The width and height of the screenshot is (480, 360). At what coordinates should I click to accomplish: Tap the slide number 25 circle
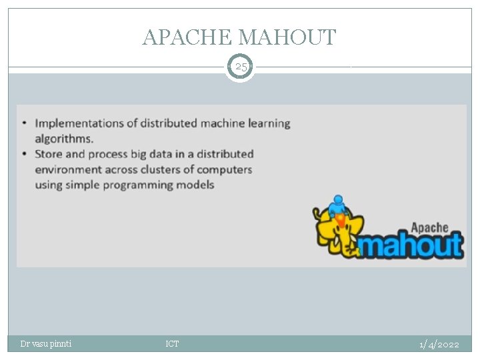[x=240, y=67]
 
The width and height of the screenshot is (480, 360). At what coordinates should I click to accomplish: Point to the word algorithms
[x=64, y=139]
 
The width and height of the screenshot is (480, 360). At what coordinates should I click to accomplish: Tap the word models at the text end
[x=196, y=185]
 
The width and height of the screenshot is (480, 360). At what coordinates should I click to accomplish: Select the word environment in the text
[x=69, y=169]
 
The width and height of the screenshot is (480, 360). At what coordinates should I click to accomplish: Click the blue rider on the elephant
[x=338, y=204]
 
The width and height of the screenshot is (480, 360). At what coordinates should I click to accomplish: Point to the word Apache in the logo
[x=429, y=227]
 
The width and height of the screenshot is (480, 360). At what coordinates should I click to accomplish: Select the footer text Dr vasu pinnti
[x=46, y=344]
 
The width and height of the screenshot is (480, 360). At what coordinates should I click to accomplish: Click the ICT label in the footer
[x=172, y=344]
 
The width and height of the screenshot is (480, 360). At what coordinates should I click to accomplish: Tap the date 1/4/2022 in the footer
[x=439, y=344]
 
